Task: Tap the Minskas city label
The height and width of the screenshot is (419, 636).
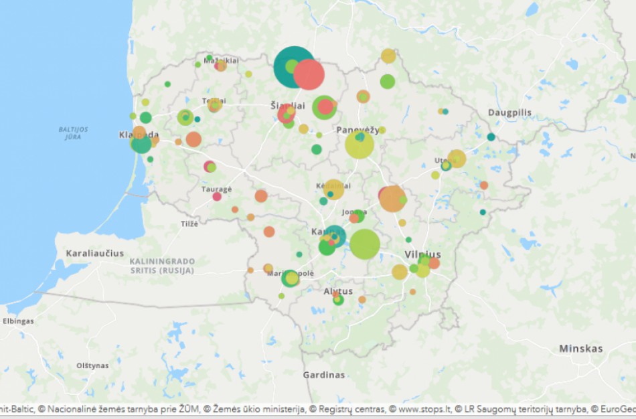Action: (580, 349)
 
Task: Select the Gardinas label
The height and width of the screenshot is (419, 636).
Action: (324, 375)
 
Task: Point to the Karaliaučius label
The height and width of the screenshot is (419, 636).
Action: (95, 254)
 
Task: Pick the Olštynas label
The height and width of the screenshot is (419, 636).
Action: (92, 365)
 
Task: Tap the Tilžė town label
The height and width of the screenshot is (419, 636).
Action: (189, 224)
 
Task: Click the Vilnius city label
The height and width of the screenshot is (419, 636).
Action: (422, 254)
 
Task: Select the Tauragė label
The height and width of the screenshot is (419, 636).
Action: (216, 189)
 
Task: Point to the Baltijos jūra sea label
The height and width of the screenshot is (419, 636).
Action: (73, 133)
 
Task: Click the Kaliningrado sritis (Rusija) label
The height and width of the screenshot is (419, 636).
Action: (162, 265)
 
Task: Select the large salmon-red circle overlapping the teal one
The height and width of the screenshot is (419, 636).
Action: (309, 74)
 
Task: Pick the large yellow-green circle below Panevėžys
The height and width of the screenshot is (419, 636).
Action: (360, 145)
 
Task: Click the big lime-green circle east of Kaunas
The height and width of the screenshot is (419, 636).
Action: (365, 244)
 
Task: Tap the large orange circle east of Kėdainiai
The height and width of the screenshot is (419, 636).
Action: (392, 199)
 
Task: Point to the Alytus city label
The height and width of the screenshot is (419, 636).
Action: (338, 292)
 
